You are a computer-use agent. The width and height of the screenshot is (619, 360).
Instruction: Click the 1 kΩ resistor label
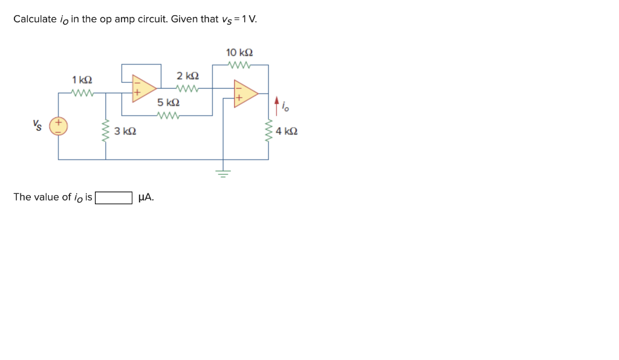click(x=82, y=80)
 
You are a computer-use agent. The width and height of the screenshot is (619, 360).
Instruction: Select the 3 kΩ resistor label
click(x=125, y=130)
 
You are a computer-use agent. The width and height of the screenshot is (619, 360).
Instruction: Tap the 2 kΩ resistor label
click(x=187, y=76)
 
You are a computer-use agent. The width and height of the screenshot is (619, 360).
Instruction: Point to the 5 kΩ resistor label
click(x=168, y=103)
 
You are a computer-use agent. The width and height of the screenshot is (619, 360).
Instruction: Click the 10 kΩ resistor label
click(x=239, y=53)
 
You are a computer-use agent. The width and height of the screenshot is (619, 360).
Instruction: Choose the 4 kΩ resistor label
click(x=287, y=130)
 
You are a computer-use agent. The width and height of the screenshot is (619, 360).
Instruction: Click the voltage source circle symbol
click(x=59, y=126)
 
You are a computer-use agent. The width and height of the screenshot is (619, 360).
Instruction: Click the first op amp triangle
click(x=144, y=87)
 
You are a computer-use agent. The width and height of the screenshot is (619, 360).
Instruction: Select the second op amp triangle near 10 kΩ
click(x=245, y=93)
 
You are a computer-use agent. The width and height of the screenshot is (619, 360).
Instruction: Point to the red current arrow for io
click(x=277, y=106)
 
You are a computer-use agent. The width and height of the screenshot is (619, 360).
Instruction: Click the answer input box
click(x=114, y=198)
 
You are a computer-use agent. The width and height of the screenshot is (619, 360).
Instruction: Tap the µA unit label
click(x=146, y=197)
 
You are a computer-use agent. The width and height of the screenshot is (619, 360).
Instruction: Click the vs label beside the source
click(x=37, y=126)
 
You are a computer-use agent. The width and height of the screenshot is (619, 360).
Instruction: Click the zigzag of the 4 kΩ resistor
click(x=268, y=130)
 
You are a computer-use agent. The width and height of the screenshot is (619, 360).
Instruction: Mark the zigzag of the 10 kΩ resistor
click(x=239, y=64)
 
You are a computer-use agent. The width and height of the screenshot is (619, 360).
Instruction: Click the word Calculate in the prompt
click(x=34, y=19)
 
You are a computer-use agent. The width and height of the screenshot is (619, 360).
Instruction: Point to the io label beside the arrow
click(x=287, y=108)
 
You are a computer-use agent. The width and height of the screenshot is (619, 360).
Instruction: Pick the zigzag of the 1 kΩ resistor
click(x=82, y=93)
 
